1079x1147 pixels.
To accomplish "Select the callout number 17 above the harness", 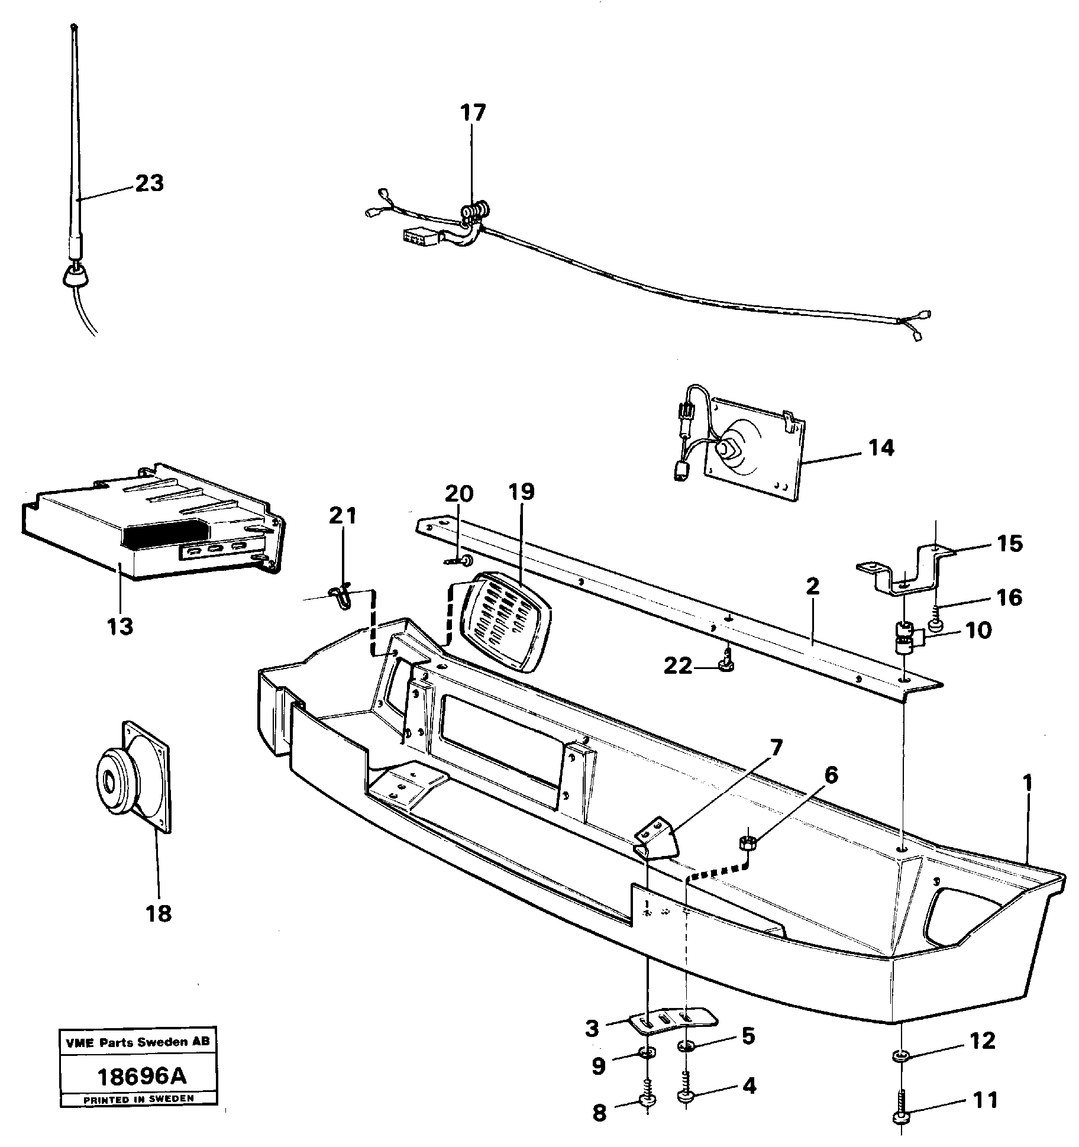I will (473, 113).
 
